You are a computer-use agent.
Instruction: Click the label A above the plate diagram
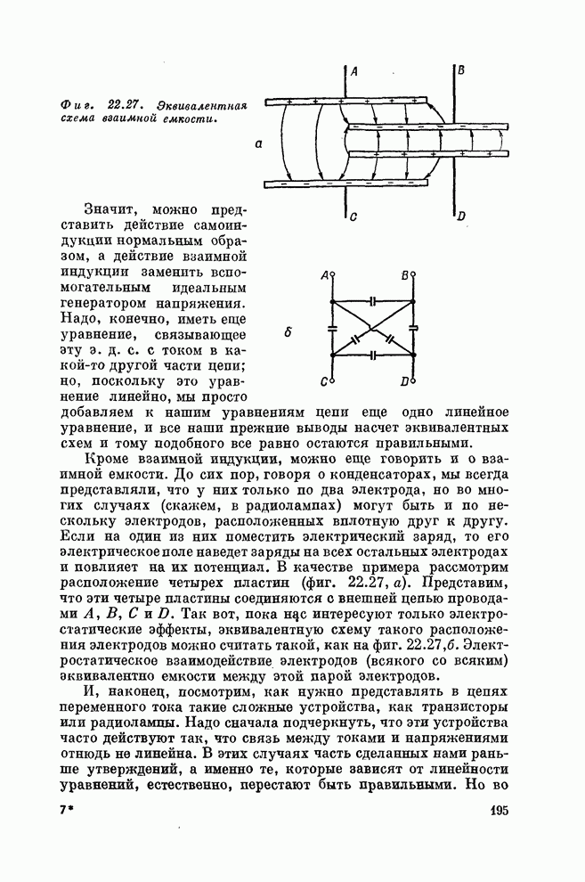354,71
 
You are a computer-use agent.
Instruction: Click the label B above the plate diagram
459,69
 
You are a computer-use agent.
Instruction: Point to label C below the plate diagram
353,216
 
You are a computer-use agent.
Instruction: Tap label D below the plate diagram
460,216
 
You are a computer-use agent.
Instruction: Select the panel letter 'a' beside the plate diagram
256,142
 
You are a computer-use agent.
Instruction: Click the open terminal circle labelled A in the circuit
332,277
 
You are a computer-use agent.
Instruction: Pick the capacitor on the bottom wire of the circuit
375,355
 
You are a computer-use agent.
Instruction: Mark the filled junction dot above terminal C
332,355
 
